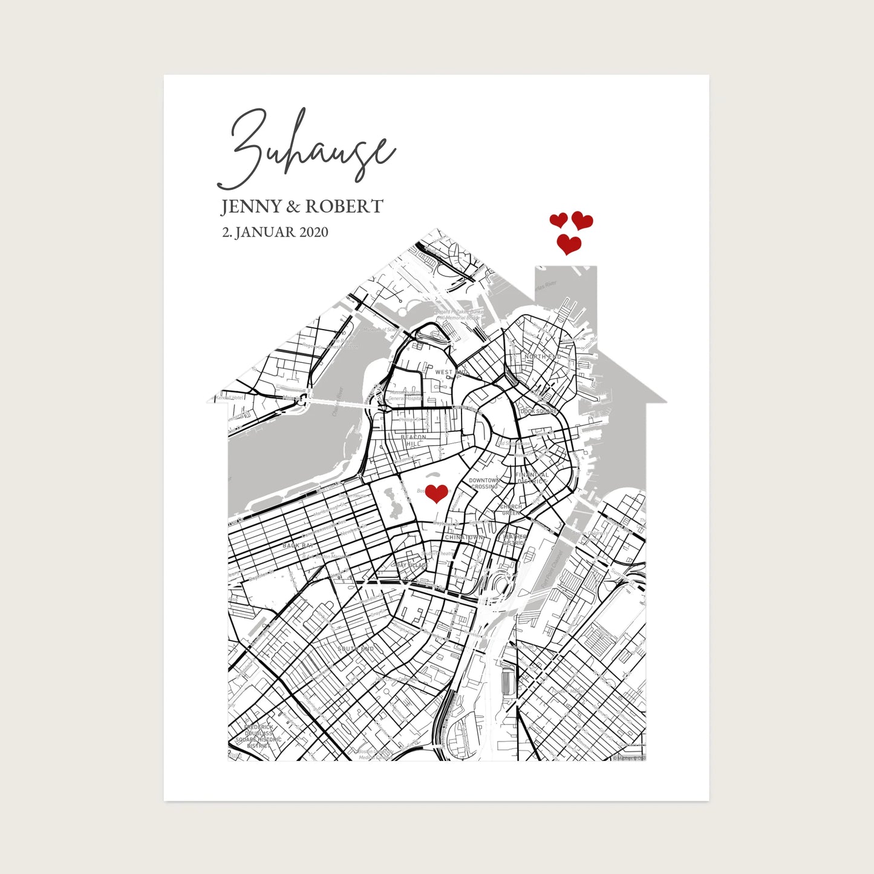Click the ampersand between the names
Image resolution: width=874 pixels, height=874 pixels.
pyautogui.click(x=293, y=207)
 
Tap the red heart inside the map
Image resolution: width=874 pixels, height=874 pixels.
pyautogui.click(x=436, y=494)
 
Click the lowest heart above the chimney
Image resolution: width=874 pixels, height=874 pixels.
pyautogui.click(x=569, y=244)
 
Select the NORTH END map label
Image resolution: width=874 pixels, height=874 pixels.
pyautogui.click(x=543, y=357)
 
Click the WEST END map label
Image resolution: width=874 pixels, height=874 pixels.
pyautogui.click(x=451, y=373)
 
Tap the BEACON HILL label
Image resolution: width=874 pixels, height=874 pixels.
pyautogui.click(x=414, y=440)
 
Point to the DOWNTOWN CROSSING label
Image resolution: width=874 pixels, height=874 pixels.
pyautogui.click(x=484, y=483)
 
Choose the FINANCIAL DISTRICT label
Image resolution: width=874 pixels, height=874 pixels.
pyautogui.click(x=532, y=478)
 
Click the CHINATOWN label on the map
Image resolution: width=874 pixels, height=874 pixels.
pyautogui.click(x=464, y=537)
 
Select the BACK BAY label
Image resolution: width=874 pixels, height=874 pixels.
pyautogui.click(x=296, y=546)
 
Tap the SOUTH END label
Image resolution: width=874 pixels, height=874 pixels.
pyautogui.click(x=356, y=648)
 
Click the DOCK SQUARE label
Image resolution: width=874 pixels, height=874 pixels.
pyautogui.click(x=538, y=411)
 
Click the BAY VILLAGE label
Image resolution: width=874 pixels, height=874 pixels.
pyautogui.click(x=413, y=565)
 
